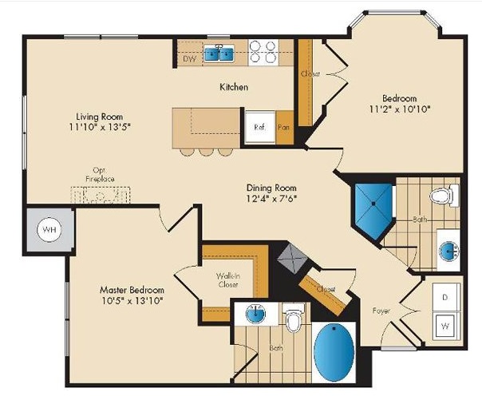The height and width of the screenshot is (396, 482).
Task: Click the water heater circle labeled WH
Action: click(x=49, y=230)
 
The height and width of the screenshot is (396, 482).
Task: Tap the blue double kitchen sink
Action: click(x=219, y=53)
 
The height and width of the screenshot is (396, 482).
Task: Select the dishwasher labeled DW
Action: click(x=189, y=58)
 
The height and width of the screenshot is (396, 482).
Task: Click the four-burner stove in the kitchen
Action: click(x=263, y=52)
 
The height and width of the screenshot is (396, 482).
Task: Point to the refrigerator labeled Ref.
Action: click(x=259, y=127)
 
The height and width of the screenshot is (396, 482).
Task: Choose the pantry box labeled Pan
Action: click(x=284, y=127)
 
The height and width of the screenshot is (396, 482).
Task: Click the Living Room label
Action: click(x=99, y=117)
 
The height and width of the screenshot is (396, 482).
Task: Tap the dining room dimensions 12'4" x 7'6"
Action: click(x=271, y=198)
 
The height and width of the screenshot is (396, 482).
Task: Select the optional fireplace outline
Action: click(x=101, y=195)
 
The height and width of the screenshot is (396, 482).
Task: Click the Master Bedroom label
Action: click(x=132, y=290)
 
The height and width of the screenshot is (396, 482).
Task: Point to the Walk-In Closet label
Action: click(x=227, y=279)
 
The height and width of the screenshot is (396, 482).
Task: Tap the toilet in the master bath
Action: click(x=294, y=318)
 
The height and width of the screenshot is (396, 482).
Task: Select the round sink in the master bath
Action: click(x=255, y=314)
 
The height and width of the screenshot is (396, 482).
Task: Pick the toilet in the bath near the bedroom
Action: click(x=444, y=196)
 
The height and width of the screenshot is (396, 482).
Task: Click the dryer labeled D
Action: click(x=446, y=297)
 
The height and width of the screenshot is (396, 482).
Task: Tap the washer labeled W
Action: click(x=446, y=326)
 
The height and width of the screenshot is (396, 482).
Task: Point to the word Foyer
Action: click(x=381, y=311)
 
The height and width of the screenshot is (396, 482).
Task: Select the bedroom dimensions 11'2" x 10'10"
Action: click(x=400, y=109)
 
